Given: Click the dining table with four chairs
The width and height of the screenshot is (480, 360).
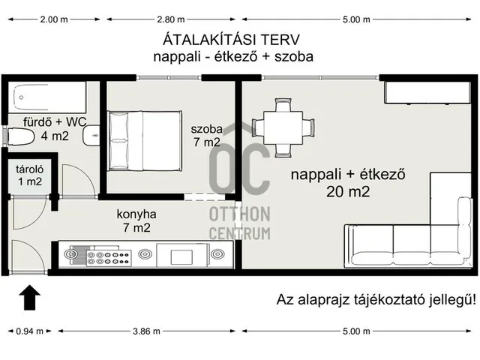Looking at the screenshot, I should (283, 124).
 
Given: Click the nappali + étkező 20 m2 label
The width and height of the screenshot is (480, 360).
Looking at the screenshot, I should (348, 183).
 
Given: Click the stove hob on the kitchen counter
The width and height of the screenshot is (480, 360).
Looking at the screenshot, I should (109, 256).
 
